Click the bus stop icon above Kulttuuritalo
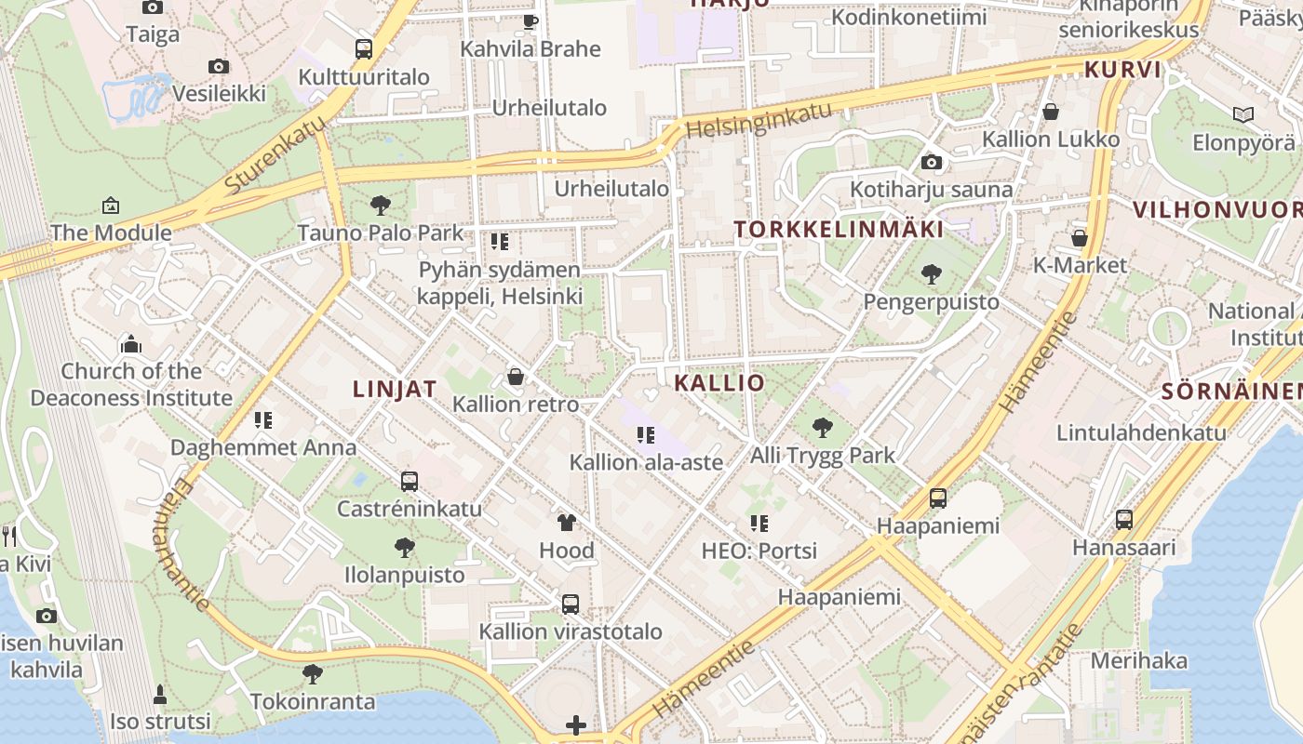click(x=364, y=49)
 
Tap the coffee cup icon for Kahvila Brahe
click(x=531, y=20)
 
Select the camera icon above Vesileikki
click(x=219, y=66)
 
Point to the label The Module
click(x=111, y=232)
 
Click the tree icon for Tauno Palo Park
click(x=380, y=206)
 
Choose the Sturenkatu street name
click(x=275, y=153)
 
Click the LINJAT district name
click(x=395, y=390)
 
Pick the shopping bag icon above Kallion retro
click(x=516, y=377)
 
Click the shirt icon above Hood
click(x=566, y=523)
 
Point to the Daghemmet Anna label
click(x=263, y=447)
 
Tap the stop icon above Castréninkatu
click(x=410, y=481)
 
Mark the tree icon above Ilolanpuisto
click(x=404, y=547)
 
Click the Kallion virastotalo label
click(x=571, y=631)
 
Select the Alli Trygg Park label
click(x=823, y=456)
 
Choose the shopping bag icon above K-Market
click(x=1080, y=238)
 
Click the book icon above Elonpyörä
click(x=1243, y=114)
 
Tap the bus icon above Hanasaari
click(x=1124, y=519)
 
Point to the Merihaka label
click(x=1139, y=661)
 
